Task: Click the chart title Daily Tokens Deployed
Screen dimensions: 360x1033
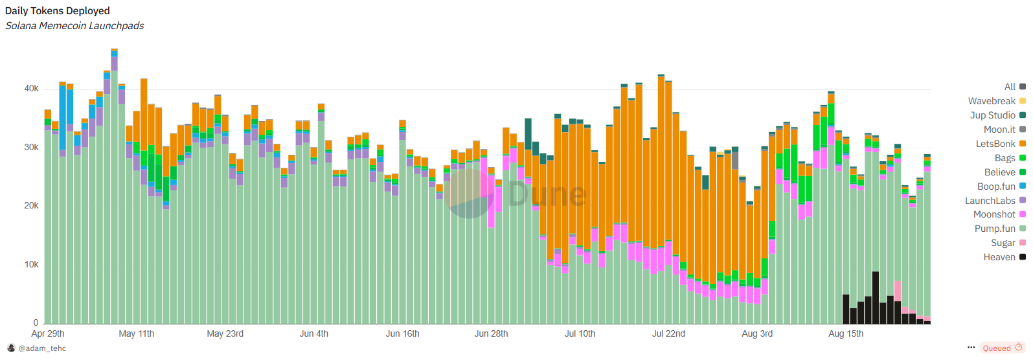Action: [58, 11]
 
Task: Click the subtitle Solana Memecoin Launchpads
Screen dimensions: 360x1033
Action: [74, 26]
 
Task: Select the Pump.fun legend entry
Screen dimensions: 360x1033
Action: [995, 229]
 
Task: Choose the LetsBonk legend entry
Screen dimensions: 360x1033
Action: [996, 144]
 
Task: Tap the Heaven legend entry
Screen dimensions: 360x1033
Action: [999, 257]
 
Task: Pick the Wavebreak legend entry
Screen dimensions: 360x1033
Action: [992, 101]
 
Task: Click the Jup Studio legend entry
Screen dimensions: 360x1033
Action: [993, 115]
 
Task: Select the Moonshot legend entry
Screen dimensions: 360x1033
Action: [995, 214]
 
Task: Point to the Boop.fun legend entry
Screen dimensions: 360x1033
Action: [997, 186]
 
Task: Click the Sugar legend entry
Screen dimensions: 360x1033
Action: [1003, 243]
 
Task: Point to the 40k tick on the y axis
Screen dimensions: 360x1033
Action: [31, 89]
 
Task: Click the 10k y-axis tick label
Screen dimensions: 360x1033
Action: [31, 265]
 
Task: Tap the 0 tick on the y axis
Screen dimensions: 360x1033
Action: [36, 323]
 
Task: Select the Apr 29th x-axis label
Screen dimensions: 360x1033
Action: [48, 334]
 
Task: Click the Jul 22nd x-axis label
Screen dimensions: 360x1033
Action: [668, 334]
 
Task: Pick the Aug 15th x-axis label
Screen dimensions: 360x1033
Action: [846, 334]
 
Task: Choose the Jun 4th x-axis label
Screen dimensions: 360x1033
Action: [314, 334]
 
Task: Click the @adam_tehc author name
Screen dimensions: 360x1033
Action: [42, 348]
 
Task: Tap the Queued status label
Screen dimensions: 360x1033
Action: [997, 348]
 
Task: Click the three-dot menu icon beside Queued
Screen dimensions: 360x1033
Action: [971, 348]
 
